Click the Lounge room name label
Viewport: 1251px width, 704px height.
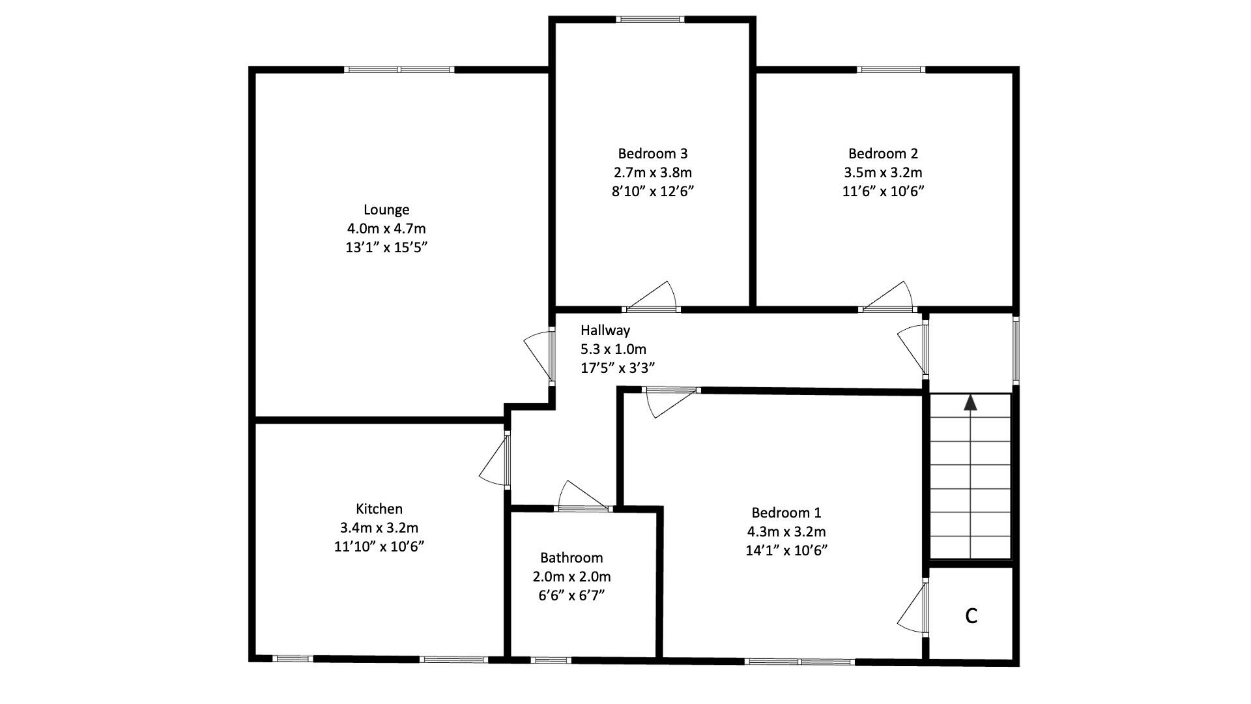click(386, 210)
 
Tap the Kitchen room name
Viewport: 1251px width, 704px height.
click(379, 509)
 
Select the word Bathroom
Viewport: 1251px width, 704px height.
click(571, 558)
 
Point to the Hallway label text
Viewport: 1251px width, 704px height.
click(605, 330)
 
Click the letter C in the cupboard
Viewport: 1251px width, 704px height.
click(971, 615)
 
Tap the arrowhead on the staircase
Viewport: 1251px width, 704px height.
click(971, 402)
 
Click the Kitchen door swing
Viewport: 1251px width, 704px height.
click(495, 462)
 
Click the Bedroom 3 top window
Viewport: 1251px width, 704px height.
click(651, 20)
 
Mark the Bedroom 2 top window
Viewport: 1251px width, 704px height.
click(891, 70)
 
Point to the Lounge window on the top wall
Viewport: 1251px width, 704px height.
click(399, 70)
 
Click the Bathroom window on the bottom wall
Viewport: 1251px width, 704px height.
click(551, 660)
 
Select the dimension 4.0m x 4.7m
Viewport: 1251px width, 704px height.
click(386, 229)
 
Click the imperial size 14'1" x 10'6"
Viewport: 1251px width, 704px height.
click(786, 551)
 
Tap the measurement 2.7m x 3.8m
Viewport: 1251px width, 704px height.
click(652, 173)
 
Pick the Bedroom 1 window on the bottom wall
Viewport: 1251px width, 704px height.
click(799, 662)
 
